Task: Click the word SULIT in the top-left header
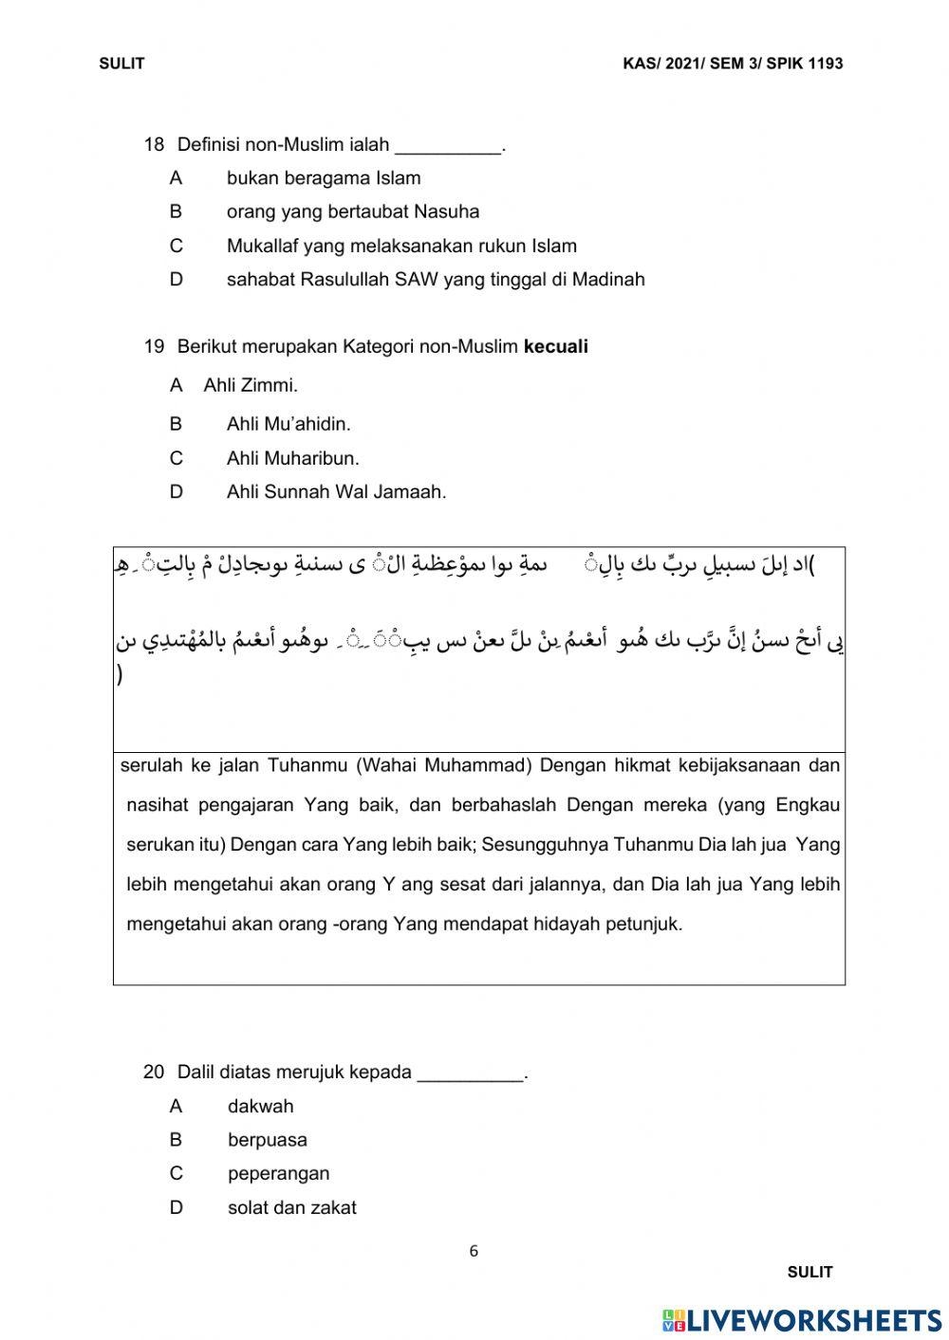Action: [121, 64]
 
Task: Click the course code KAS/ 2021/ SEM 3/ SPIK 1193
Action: [733, 64]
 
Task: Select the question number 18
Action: [154, 145]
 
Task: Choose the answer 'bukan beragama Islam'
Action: [323, 178]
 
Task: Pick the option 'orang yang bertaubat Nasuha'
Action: [352, 211]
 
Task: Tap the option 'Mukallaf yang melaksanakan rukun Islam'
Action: [400, 246]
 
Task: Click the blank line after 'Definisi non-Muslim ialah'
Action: [447, 147]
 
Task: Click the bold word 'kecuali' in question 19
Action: [555, 347]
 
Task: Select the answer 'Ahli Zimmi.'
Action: [251, 385]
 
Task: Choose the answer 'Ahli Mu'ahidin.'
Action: [288, 424]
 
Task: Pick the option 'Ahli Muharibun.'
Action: [292, 458]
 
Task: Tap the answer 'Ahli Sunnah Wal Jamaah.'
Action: [336, 491]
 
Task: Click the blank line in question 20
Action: [470, 1074]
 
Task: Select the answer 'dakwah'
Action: [260, 1106]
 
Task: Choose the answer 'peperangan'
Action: [278, 1173]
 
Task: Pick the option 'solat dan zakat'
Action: [291, 1207]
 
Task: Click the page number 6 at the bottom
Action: [474, 1251]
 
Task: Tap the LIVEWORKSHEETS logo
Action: [802, 1320]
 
